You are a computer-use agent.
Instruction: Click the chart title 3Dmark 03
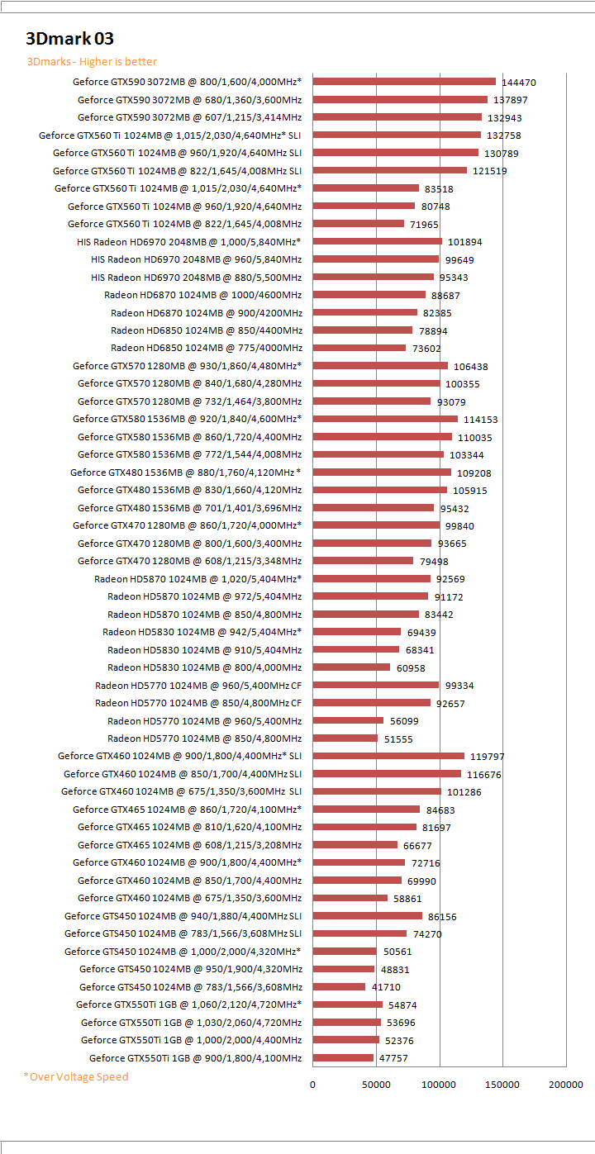[x=69, y=38]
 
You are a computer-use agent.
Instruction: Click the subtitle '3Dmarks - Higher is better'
[x=92, y=62]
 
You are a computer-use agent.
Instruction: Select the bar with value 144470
[x=404, y=82]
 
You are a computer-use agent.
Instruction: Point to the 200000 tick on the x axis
[x=566, y=1084]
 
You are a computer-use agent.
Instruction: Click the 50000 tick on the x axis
[x=377, y=1084]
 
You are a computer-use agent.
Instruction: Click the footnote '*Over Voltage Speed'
[x=76, y=1076]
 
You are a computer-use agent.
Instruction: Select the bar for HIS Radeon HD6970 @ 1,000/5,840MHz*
[x=377, y=241]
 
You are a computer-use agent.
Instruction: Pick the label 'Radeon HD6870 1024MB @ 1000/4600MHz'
[x=202, y=295]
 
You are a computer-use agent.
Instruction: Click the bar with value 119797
[x=388, y=756]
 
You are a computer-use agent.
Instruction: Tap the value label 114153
[x=480, y=420]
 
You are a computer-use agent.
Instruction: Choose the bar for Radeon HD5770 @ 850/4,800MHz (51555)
[x=345, y=738]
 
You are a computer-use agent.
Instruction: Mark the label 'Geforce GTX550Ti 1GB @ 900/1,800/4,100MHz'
[x=195, y=1058]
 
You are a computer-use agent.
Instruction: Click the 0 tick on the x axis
[x=313, y=1084]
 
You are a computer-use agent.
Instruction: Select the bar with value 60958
[x=351, y=667]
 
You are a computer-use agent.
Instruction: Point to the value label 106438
[x=470, y=367]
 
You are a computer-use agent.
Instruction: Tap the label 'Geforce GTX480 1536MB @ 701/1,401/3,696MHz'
[x=189, y=508]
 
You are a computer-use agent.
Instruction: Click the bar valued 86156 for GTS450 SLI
[x=368, y=915]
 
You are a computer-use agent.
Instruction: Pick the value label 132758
[x=504, y=135]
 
